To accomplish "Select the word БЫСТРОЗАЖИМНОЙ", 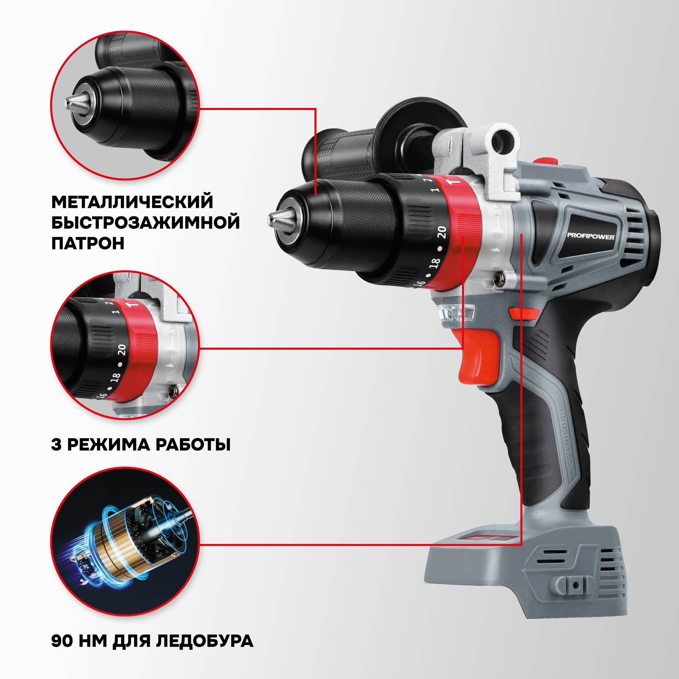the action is coord(146,222).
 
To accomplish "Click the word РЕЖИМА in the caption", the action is coord(109,445).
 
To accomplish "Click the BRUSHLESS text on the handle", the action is coord(566,438).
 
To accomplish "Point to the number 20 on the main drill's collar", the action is coord(442,232).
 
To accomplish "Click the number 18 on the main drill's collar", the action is coord(435,263).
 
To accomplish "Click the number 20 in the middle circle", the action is coord(121,349).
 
